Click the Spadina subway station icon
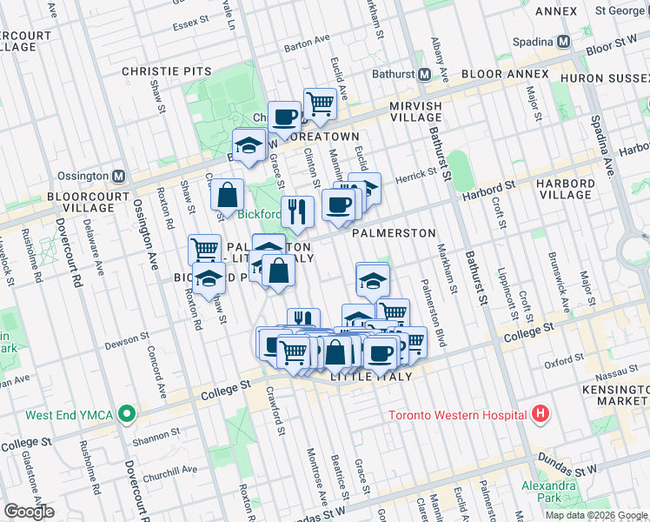(563, 41)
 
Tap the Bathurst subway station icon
(425, 74)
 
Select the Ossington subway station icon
(119, 175)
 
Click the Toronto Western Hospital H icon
(541, 414)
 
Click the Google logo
(29, 512)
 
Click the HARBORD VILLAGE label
(566, 190)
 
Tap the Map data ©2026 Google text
(596, 515)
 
